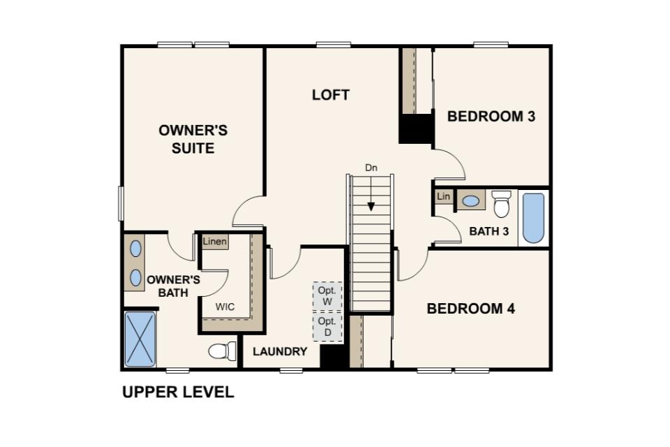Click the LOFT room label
point(331,94)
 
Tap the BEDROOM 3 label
point(491,116)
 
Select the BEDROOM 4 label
point(470,309)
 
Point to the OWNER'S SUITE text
point(193,139)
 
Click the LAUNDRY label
point(280,351)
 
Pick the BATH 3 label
point(489,231)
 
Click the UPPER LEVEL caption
point(178,393)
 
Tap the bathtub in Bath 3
point(533,218)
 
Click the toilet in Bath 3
point(501,204)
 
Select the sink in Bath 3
point(470,200)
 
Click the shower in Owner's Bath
point(140,339)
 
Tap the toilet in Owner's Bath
point(222,351)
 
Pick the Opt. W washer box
point(327,296)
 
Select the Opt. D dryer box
point(327,327)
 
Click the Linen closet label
point(215,242)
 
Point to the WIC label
point(225,307)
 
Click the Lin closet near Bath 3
point(444,196)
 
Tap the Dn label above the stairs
point(371,168)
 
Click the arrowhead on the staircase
point(371,207)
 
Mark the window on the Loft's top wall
point(334,44)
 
